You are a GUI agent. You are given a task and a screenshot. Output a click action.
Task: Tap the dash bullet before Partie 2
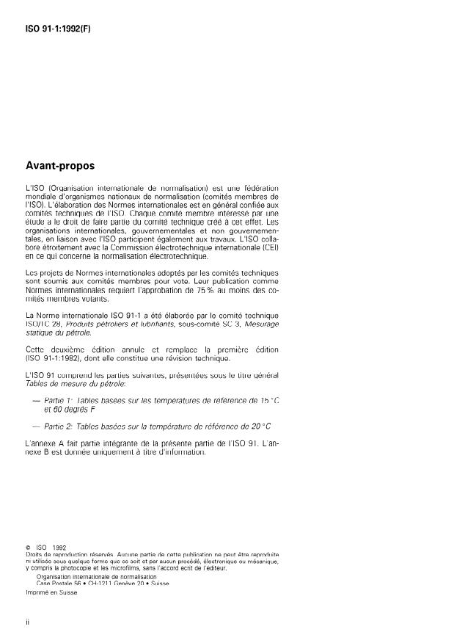click(37, 426)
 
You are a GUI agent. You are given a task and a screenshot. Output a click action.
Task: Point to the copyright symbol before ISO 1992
click(29, 547)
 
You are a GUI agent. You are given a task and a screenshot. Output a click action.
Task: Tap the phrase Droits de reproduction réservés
click(68, 553)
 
